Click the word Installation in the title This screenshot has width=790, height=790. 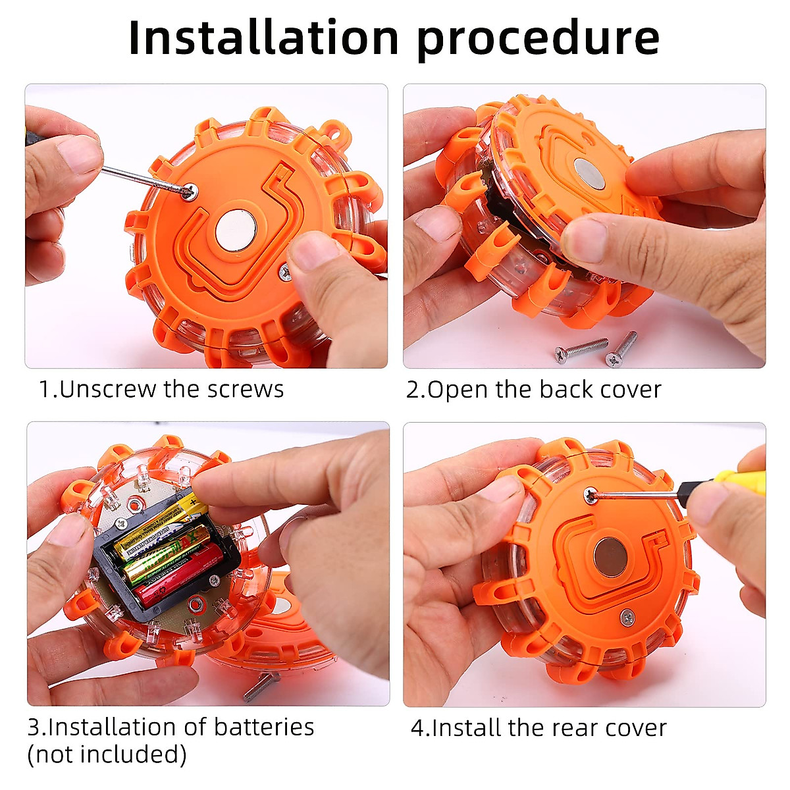pyautogui.click(x=263, y=38)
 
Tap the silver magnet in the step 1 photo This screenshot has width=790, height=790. pyautogui.click(x=235, y=230)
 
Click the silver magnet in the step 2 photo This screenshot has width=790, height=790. pyautogui.click(x=589, y=174)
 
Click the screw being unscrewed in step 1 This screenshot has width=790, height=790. pyautogui.click(x=190, y=191)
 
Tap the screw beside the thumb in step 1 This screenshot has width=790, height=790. pyautogui.click(x=285, y=272)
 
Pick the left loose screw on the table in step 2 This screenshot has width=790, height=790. pyautogui.click(x=581, y=350)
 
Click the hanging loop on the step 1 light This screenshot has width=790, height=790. pyautogui.click(x=337, y=133)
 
